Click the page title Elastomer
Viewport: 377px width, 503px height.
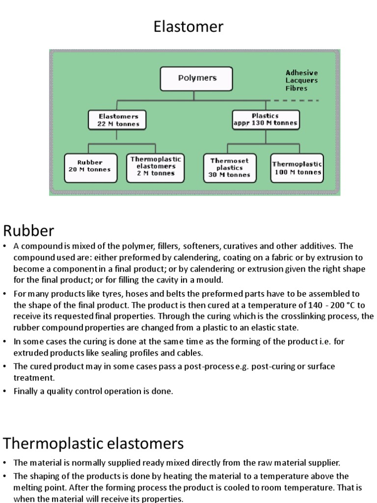tap(188, 27)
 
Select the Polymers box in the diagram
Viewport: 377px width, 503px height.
tap(196, 79)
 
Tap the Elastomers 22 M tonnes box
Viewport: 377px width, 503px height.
tap(117, 120)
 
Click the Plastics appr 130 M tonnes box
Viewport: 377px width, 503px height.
tap(266, 120)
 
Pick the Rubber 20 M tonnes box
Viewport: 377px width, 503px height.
tap(91, 168)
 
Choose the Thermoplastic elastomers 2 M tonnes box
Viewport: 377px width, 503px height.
tap(156, 168)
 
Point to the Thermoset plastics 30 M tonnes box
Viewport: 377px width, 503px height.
tap(230, 168)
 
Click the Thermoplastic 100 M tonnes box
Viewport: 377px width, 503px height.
tap(297, 168)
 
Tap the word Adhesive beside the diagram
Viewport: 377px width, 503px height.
tap(301, 73)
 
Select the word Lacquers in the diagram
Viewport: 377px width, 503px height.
tap(301, 81)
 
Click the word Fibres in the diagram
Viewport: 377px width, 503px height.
tap(296, 88)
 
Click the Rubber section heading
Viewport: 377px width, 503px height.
tap(28, 230)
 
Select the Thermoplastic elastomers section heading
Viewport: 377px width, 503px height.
tap(93, 444)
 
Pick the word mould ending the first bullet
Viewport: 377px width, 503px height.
tap(211, 280)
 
